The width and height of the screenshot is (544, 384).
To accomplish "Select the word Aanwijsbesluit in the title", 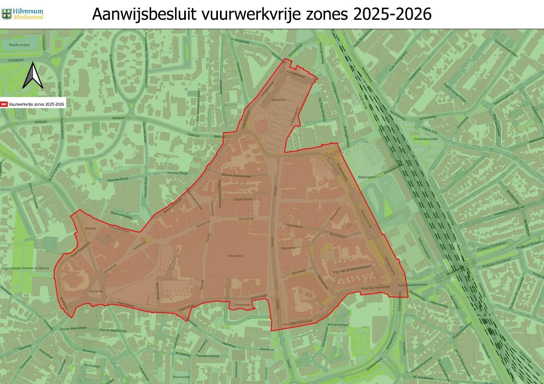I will (145, 14).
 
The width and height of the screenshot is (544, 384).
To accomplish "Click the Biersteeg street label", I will (289, 248).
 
